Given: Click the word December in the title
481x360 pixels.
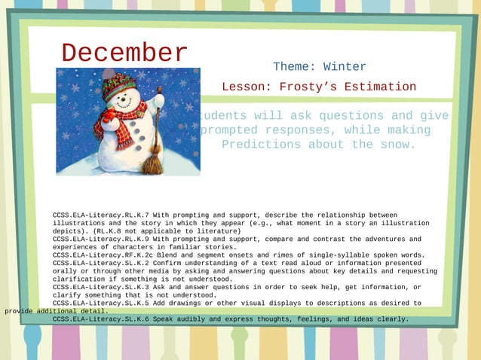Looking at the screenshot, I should pos(124,53).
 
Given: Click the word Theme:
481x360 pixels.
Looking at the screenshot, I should pos(291,67).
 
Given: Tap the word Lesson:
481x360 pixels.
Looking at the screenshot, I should pos(247,87).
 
